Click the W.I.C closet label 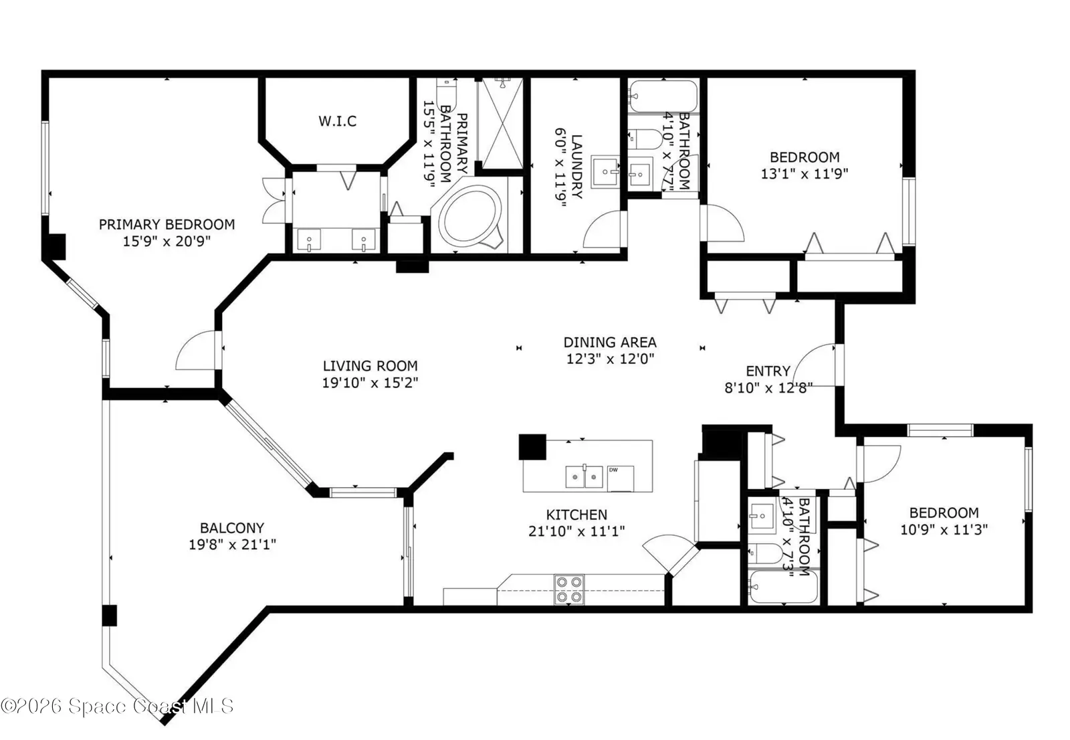tap(337, 121)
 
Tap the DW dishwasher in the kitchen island tap(621, 478)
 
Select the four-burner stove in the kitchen tap(569, 589)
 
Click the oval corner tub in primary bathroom tap(470, 217)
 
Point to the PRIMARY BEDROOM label tap(167, 224)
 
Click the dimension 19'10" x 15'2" tap(370, 383)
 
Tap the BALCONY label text tap(232, 528)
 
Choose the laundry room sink tap(605, 171)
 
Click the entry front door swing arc tap(813, 364)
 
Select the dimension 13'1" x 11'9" tap(805, 173)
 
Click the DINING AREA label tap(610, 343)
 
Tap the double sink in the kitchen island tap(584, 476)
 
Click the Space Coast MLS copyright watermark tap(117, 706)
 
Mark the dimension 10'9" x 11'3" tap(944, 530)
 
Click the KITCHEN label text tap(576, 515)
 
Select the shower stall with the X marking tap(502, 123)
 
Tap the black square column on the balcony tap(110, 616)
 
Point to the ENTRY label tap(768, 371)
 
